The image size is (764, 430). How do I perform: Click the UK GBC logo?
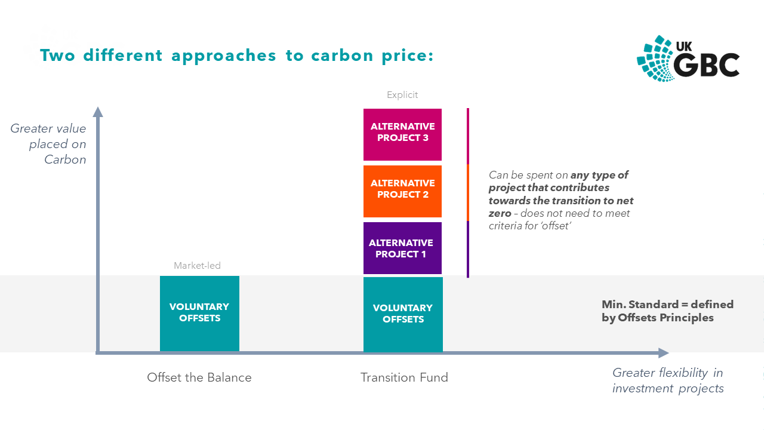click(x=688, y=58)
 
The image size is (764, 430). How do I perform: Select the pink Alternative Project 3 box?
click(x=403, y=134)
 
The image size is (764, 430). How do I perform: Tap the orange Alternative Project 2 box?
click(x=403, y=191)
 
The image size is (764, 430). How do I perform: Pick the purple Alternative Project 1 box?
click(x=403, y=248)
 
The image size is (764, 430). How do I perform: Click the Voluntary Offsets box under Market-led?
click(x=199, y=313)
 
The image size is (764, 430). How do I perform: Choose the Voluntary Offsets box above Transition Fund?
click(x=403, y=314)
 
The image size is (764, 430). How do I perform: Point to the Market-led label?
click(x=197, y=266)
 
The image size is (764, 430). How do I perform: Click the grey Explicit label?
click(x=402, y=95)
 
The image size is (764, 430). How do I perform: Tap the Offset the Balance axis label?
click(x=199, y=377)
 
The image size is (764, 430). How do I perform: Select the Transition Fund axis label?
click(x=404, y=377)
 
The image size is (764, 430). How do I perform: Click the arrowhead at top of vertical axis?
click(x=98, y=112)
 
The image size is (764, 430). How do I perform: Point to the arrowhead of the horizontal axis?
click(x=663, y=353)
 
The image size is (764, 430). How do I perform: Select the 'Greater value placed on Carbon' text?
click(x=48, y=144)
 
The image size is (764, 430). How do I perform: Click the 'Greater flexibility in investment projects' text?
click(x=668, y=380)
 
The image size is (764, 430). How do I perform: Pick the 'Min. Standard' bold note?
click(x=667, y=311)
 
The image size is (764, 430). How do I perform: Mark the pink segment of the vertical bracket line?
click(x=468, y=136)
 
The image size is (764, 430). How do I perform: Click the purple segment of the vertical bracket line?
click(x=468, y=249)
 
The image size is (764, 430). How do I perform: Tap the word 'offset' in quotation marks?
click(x=555, y=226)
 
